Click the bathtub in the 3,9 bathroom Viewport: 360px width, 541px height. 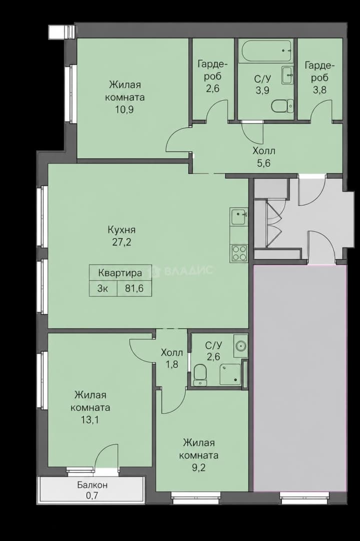(x=266, y=52)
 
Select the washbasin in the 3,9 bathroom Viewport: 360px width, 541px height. (x=287, y=75)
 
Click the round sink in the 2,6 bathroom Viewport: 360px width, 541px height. (x=241, y=345)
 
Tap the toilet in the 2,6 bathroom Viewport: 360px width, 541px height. (x=200, y=375)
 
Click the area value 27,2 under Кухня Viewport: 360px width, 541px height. (x=121, y=242)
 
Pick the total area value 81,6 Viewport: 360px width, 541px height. (x=135, y=289)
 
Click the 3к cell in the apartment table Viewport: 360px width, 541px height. (x=103, y=289)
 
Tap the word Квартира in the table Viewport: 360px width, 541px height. (x=120, y=274)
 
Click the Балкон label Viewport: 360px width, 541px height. (x=92, y=485)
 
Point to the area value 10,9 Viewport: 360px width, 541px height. (x=125, y=110)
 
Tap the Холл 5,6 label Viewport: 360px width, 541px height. (x=264, y=157)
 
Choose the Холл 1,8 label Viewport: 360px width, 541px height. (x=172, y=359)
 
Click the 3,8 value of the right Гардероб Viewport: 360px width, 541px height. (x=319, y=90)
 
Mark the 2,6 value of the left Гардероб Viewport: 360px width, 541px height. (x=213, y=89)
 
